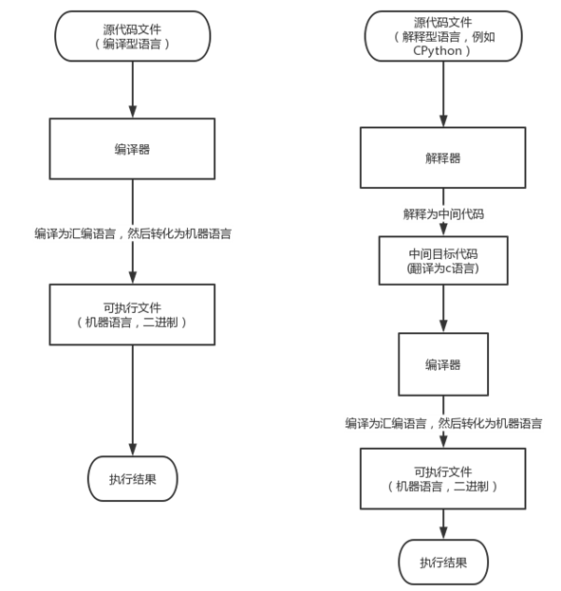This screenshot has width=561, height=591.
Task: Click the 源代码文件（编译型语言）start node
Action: (133, 36)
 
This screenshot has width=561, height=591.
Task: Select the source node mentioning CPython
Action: (443, 36)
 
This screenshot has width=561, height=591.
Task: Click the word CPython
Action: (438, 51)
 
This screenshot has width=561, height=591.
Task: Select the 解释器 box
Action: (443, 157)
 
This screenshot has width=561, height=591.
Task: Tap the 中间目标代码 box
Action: (443, 261)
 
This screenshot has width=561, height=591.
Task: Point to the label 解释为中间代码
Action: (443, 214)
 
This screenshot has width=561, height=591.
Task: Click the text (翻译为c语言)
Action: (443, 268)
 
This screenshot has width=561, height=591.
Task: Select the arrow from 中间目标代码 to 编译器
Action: (443, 308)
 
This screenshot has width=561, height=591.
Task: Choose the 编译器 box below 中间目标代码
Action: (443, 364)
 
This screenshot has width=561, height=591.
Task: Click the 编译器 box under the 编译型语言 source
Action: (132, 149)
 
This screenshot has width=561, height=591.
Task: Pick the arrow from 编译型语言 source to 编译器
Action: (133, 90)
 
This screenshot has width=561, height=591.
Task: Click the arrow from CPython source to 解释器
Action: (443, 94)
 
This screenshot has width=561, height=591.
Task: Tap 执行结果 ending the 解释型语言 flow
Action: (443, 563)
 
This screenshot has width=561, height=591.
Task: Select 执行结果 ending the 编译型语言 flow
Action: (133, 479)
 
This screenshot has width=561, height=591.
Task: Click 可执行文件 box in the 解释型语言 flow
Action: (443, 479)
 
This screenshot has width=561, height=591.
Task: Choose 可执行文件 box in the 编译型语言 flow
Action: (132, 315)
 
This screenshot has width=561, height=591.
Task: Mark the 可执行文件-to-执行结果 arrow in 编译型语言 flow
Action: (133, 400)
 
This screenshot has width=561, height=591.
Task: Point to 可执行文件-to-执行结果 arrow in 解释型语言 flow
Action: (443, 525)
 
